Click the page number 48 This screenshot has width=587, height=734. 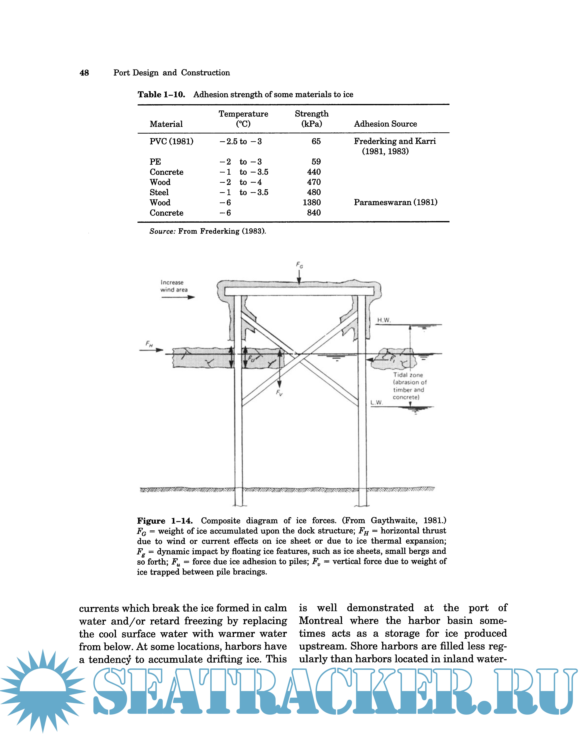coord(84,73)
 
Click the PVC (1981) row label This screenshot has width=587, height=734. coord(171,141)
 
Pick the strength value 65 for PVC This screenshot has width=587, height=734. coord(316,141)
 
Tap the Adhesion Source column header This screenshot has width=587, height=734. coord(385,124)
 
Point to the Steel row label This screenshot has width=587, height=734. coord(159,192)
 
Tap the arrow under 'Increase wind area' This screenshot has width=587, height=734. coord(178,297)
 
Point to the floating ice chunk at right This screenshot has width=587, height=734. coord(393,359)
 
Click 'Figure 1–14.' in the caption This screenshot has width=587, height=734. coord(165,521)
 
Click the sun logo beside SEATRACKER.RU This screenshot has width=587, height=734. coord(43,691)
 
